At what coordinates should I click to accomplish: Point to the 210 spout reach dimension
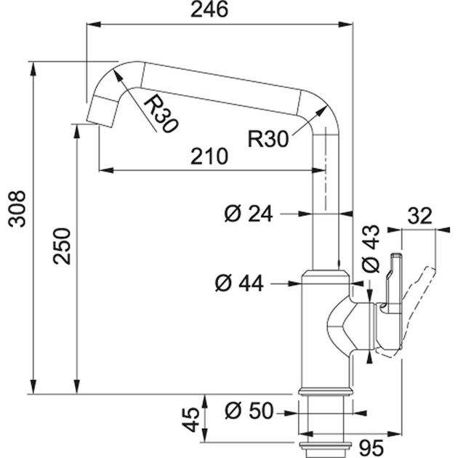[209, 156]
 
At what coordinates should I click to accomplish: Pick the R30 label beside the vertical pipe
[268, 137]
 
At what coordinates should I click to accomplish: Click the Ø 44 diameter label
[240, 283]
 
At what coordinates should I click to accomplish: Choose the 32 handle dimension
[419, 216]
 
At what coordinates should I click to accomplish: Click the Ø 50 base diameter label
[249, 411]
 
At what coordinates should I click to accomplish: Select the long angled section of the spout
[218, 87]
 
